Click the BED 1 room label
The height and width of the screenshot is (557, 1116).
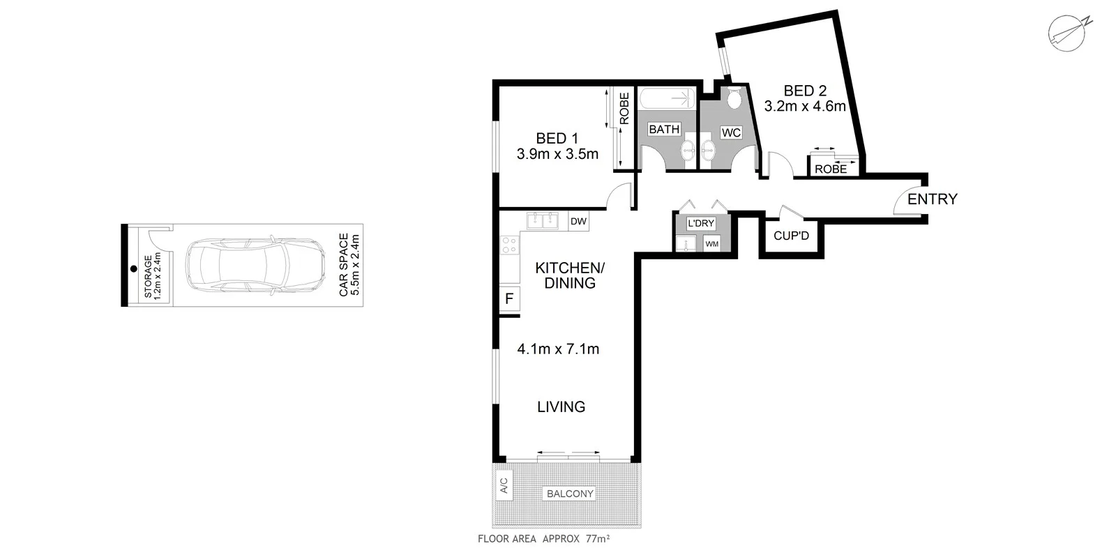tap(557, 138)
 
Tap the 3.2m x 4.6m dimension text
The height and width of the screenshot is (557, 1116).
tap(805, 107)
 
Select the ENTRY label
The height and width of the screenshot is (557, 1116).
tap(932, 199)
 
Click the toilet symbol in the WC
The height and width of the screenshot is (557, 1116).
tap(733, 98)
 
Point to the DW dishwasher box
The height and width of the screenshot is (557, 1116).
tap(578, 222)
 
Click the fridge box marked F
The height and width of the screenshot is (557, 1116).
tap(509, 299)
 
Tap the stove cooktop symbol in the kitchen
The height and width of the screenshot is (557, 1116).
tap(509, 245)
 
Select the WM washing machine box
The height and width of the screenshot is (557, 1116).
tap(711, 244)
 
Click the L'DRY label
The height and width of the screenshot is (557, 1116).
tap(700, 223)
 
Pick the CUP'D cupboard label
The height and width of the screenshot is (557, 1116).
tap(791, 236)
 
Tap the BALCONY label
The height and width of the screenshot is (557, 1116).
tap(570, 494)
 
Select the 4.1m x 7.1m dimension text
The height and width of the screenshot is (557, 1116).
tap(558, 349)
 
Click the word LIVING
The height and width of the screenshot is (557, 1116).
tap(561, 406)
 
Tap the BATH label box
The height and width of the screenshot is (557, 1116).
tap(664, 129)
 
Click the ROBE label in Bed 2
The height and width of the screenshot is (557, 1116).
tap(830, 169)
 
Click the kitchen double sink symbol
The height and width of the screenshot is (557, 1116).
tap(543, 221)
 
